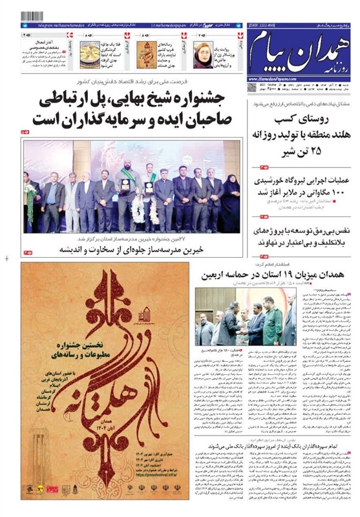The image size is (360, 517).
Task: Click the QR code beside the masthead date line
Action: tap(252, 86)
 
